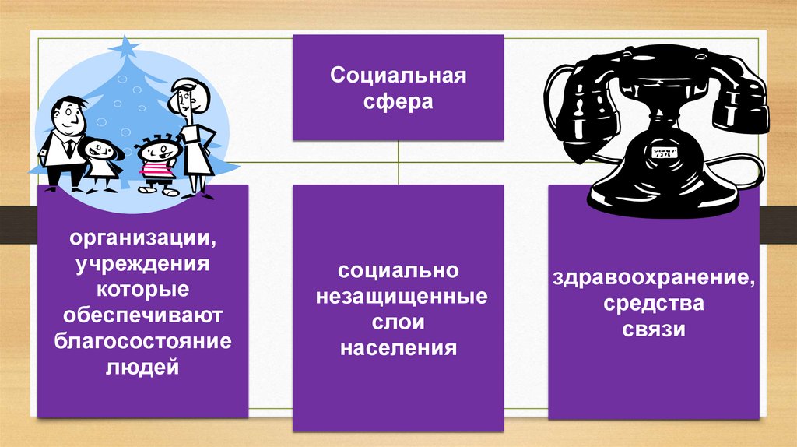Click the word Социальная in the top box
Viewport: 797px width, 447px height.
tap(398, 77)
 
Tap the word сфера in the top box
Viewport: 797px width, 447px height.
tap(398, 102)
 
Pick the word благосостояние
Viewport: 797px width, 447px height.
tap(143, 340)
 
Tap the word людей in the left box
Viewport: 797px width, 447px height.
tap(142, 366)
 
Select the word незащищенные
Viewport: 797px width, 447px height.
tap(398, 296)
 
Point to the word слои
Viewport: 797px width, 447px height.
tap(398, 322)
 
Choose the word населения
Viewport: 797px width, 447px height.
tap(398, 347)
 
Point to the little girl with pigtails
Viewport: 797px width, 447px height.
tap(101, 160)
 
